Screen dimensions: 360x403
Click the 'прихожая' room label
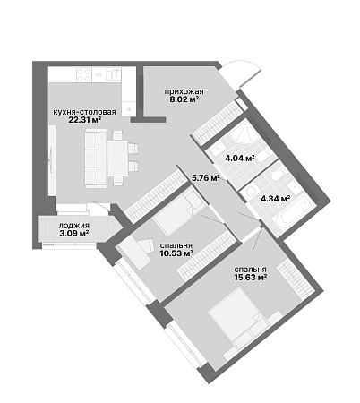(184, 91)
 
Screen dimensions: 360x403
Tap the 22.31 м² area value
(85, 120)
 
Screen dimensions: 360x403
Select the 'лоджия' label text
(74, 226)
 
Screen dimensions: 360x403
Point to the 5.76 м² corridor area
(206, 178)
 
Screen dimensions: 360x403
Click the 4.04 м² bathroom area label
(240, 158)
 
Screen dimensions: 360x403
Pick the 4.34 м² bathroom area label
(276, 198)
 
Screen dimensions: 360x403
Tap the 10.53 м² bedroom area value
(176, 253)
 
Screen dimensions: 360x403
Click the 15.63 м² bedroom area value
(251, 278)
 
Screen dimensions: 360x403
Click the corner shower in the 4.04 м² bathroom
(244, 133)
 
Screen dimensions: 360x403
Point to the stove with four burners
(84, 74)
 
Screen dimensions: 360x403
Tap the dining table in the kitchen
(118, 158)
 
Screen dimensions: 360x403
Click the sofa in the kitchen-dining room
(96, 159)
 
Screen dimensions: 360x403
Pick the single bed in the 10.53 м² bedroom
(179, 210)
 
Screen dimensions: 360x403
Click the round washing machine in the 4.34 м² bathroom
(251, 192)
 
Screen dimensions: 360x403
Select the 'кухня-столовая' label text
(84, 112)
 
